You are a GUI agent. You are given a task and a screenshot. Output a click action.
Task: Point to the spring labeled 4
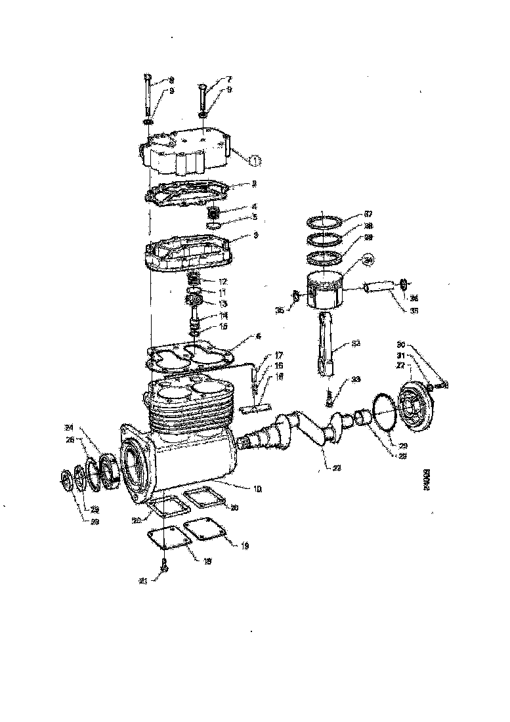(x=212, y=213)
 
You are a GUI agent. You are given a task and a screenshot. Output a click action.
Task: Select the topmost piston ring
(x=324, y=221)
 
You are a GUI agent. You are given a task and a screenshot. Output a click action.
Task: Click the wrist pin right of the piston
(x=377, y=287)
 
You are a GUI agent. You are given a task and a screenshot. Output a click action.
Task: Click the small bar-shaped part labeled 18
(x=255, y=409)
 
